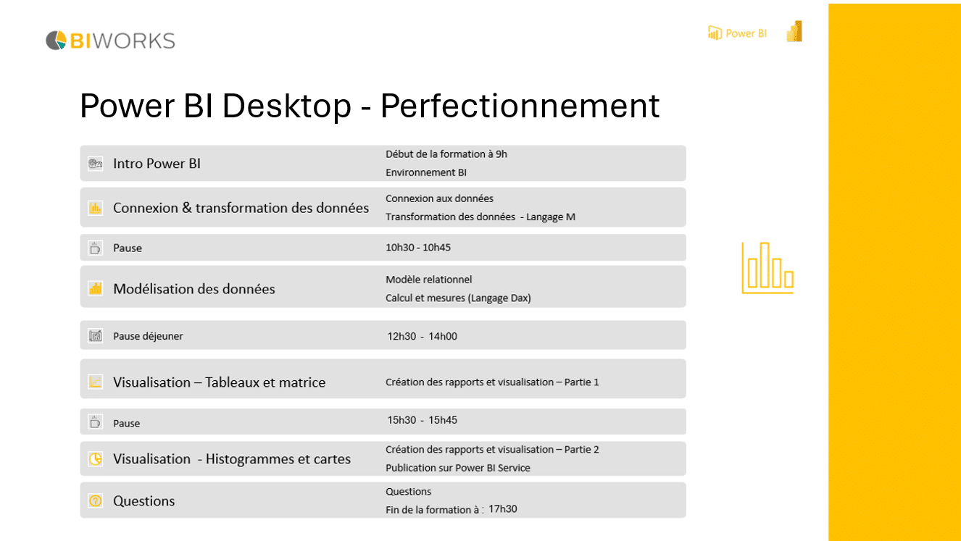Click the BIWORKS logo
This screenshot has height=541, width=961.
[110, 41]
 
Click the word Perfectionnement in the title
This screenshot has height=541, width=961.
[520, 106]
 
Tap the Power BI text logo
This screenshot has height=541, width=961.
[737, 33]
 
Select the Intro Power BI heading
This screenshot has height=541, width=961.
[157, 164]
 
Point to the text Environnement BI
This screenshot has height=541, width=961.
[426, 172]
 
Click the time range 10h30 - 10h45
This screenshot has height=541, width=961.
[418, 247]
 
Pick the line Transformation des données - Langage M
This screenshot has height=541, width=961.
[480, 217]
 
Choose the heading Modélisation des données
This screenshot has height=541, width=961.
[194, 289]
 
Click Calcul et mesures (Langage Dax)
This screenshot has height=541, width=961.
[458, 298]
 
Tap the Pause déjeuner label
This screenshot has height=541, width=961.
[148, 336]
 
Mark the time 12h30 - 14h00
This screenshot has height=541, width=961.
[423, 336]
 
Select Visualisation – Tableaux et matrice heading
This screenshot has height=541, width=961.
[219, 382]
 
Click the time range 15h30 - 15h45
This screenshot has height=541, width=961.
[423, 420]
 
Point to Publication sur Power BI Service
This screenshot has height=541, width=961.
[457, 468]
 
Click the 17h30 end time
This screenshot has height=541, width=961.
[502, 508]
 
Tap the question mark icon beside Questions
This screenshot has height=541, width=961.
[95, 500]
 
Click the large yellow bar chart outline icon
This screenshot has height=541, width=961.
[767, 268]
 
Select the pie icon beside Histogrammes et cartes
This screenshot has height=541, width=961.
[95, 458]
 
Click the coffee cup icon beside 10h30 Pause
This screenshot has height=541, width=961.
[95, 248]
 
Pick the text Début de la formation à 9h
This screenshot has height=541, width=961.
[446, 154]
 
